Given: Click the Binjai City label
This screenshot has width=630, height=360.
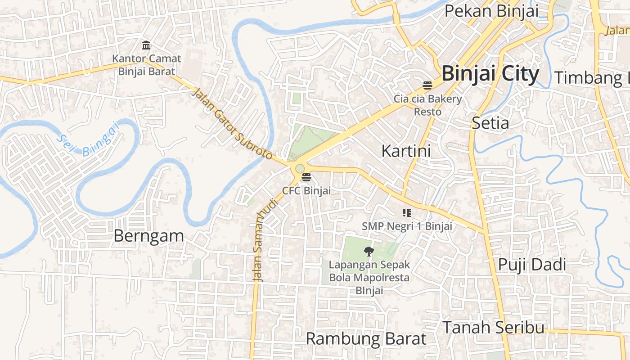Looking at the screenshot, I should (490, 74).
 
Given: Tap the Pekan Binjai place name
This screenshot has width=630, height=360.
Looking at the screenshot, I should (491, 11).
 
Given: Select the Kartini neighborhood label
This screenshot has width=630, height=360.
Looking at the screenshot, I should (406, 151).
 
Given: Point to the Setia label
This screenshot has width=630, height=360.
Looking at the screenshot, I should (490, 123).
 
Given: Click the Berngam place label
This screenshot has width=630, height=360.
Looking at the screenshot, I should (148, 236).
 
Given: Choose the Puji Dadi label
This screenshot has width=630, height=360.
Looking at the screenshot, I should (531, 265).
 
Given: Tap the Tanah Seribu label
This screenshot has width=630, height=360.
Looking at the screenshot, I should (493, 327).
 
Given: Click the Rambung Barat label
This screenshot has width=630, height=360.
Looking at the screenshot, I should (366, 338).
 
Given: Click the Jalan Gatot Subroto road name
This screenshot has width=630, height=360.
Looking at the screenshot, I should (233, 124).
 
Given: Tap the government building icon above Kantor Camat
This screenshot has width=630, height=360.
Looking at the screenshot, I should (146, 45).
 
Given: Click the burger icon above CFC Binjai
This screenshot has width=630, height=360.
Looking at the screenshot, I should (306, 177).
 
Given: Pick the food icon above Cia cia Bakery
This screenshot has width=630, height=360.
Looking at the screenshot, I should (427, 85).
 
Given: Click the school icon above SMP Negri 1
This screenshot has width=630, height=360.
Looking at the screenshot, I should (407, 213).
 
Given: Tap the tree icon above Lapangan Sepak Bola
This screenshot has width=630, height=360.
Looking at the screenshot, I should (369, 251).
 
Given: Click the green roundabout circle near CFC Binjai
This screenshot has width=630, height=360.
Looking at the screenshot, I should (300, 168).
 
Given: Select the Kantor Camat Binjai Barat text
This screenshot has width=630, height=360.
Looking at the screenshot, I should (146, 65).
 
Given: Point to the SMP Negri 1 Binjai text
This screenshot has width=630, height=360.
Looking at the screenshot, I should (407, 226).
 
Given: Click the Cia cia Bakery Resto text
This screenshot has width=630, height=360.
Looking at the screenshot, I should (427, 105).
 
